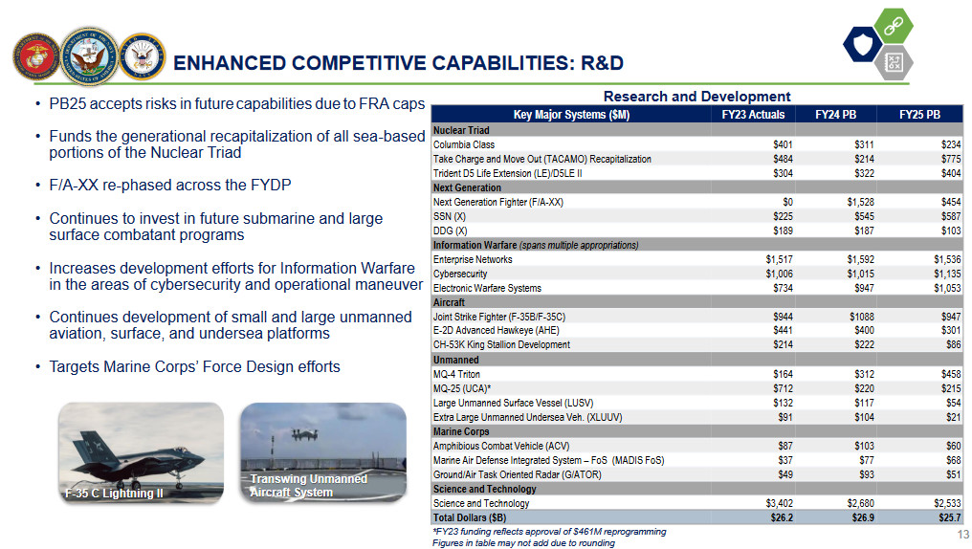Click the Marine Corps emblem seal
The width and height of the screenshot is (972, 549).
coord(36,57)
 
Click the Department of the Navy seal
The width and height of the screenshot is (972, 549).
coord(90,56)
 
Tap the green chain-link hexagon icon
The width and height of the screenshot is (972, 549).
coord(894,26)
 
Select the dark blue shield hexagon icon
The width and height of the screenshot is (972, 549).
coord(862,44)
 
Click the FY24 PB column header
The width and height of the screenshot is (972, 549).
coord(835,115)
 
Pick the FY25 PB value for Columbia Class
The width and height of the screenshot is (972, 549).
coord(950,144)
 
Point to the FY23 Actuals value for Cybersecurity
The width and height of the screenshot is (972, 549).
coord(779,274)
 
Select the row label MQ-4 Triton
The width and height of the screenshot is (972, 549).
coord(456,374)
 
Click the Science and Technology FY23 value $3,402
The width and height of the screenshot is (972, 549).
coord(779,503)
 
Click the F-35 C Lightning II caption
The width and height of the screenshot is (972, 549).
coord(114,494)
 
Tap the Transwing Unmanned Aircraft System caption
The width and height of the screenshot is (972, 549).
coord(308,486)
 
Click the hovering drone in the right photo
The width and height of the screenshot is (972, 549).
coord(305,435)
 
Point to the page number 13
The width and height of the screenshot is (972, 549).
coord(962,535)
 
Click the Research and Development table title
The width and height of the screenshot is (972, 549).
coord(696,97)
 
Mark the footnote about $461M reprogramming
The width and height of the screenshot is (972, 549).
coord(549,532)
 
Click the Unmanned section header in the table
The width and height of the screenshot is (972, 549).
coord(455,360)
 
